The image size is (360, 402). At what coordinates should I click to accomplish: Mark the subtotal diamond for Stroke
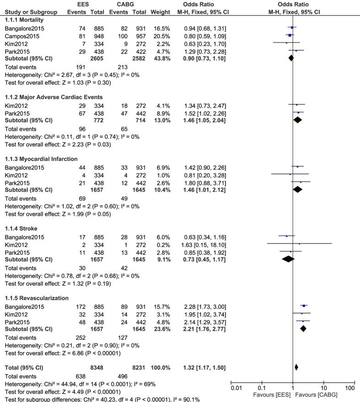click(x=288, y=259)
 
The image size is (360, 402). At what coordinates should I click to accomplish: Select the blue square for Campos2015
click(x=290, y=35)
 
